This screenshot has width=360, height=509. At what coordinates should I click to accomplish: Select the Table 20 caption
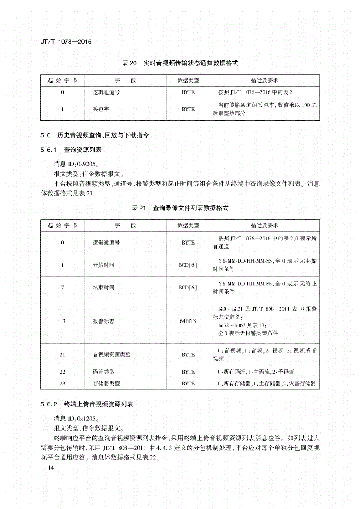[180, 63]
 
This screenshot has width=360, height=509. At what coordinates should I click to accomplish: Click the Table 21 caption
[180, 208]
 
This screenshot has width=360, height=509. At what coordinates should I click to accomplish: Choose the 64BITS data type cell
[188, 321]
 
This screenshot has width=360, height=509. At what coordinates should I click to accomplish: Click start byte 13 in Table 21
[62, 321]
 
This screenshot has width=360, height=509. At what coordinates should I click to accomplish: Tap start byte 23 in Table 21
[62, 383]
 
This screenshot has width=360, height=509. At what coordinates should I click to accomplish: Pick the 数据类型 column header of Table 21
[188, 225]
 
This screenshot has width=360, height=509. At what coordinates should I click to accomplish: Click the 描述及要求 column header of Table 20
[265, 80]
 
